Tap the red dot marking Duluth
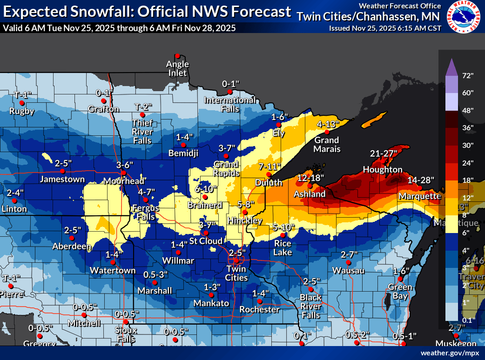(269, 174)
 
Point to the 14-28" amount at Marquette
(420, 180)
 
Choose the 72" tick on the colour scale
(467, 75)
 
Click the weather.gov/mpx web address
(450, 353)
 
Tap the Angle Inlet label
(178, 68)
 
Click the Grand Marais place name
(327, 144)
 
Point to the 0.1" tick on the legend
(467, 320)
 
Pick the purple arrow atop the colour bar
(450, 67)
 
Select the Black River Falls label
(310, 306)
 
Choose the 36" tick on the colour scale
(467, 127)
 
